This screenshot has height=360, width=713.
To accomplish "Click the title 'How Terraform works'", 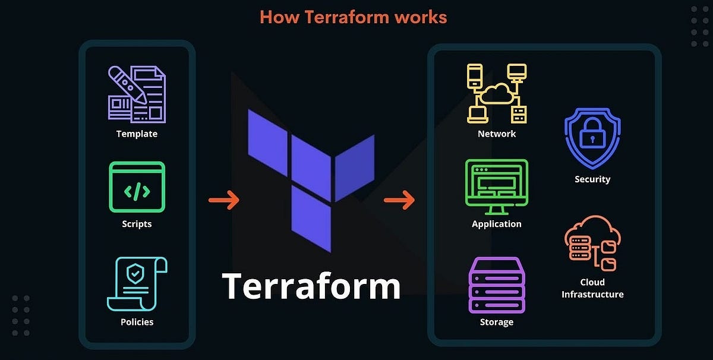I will coord(353,17).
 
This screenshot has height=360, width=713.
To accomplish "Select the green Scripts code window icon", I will coord(137,187).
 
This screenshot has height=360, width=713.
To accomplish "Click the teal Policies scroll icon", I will coord(137,284).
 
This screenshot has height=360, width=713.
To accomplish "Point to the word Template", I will coord(137,134).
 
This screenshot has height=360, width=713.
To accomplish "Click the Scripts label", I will coord(137,224).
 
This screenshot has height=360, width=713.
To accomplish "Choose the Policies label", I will coord(137,322).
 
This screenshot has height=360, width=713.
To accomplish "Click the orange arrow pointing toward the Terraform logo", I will coord(223,200).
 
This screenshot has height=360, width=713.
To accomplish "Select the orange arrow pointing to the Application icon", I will coord(399,200).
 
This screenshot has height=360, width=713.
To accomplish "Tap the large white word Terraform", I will coord(311,286).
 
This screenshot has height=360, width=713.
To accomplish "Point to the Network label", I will coord(497,134).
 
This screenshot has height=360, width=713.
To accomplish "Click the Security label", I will coord(592,179).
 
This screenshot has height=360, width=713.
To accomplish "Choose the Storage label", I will coord(497,322).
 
